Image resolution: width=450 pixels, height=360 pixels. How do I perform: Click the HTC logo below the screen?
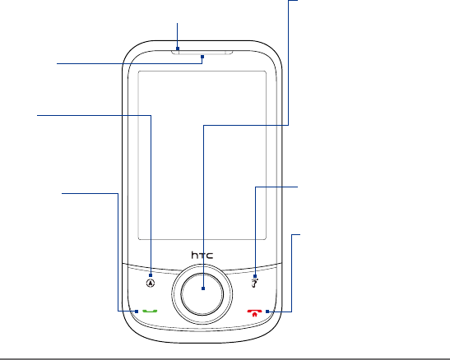pos(202,255)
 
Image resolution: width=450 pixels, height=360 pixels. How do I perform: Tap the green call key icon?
pos(150,312)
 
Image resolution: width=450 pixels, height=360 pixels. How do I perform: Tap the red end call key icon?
pos(254,312)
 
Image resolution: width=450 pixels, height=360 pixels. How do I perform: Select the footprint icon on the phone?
pos(254,284)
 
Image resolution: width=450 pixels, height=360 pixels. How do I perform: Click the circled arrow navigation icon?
pos(151,284)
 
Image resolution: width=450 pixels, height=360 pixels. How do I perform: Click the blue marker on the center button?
pos(203,288)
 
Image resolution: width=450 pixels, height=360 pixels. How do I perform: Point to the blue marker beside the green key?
pos(137,312)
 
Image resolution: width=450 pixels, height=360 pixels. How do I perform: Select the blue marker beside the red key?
pos(267,312)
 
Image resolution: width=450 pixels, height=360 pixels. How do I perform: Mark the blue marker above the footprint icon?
pos(255,276)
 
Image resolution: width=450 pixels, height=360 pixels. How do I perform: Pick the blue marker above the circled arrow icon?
pos(151,275)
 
